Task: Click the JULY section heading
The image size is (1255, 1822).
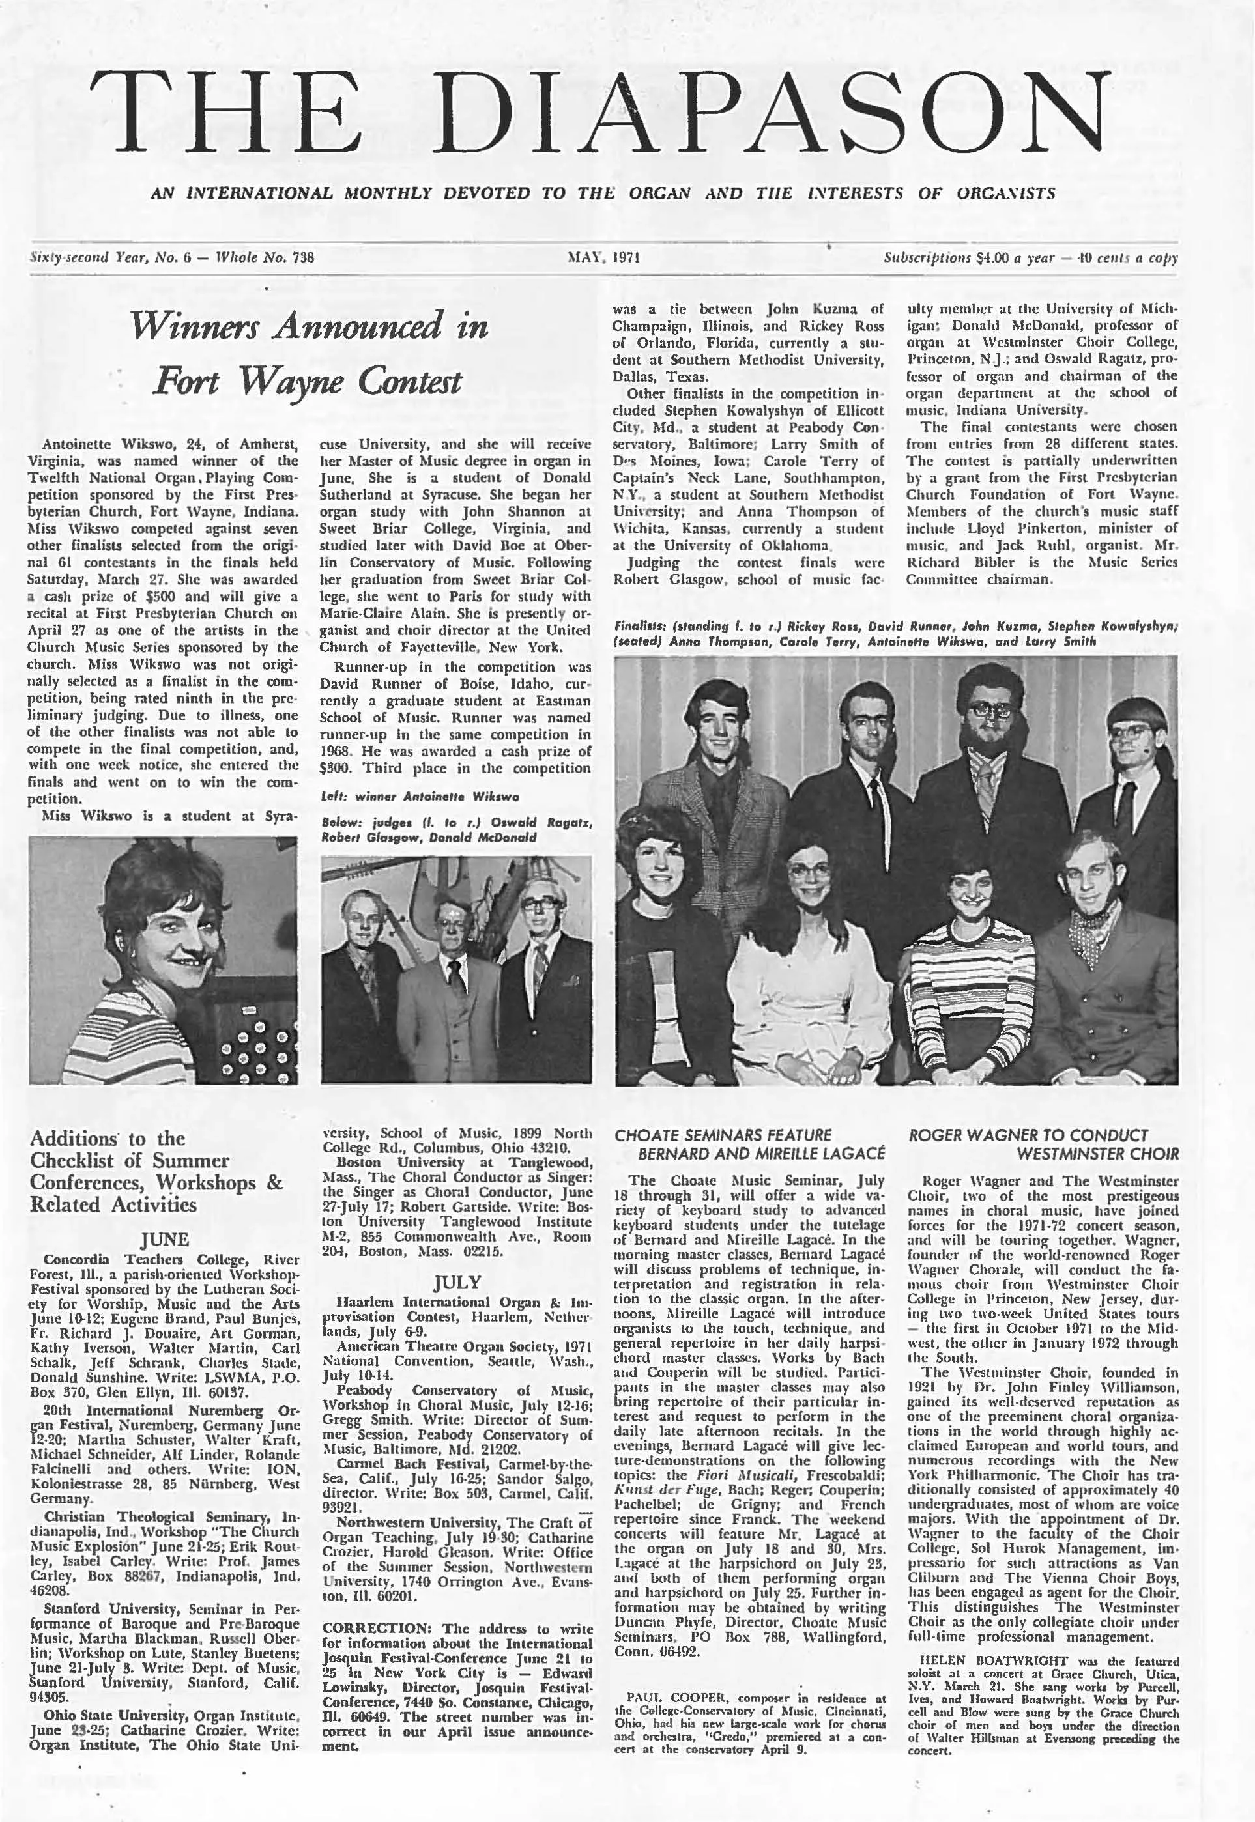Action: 457,1282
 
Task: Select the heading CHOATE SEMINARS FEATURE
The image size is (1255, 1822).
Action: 723,1134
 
